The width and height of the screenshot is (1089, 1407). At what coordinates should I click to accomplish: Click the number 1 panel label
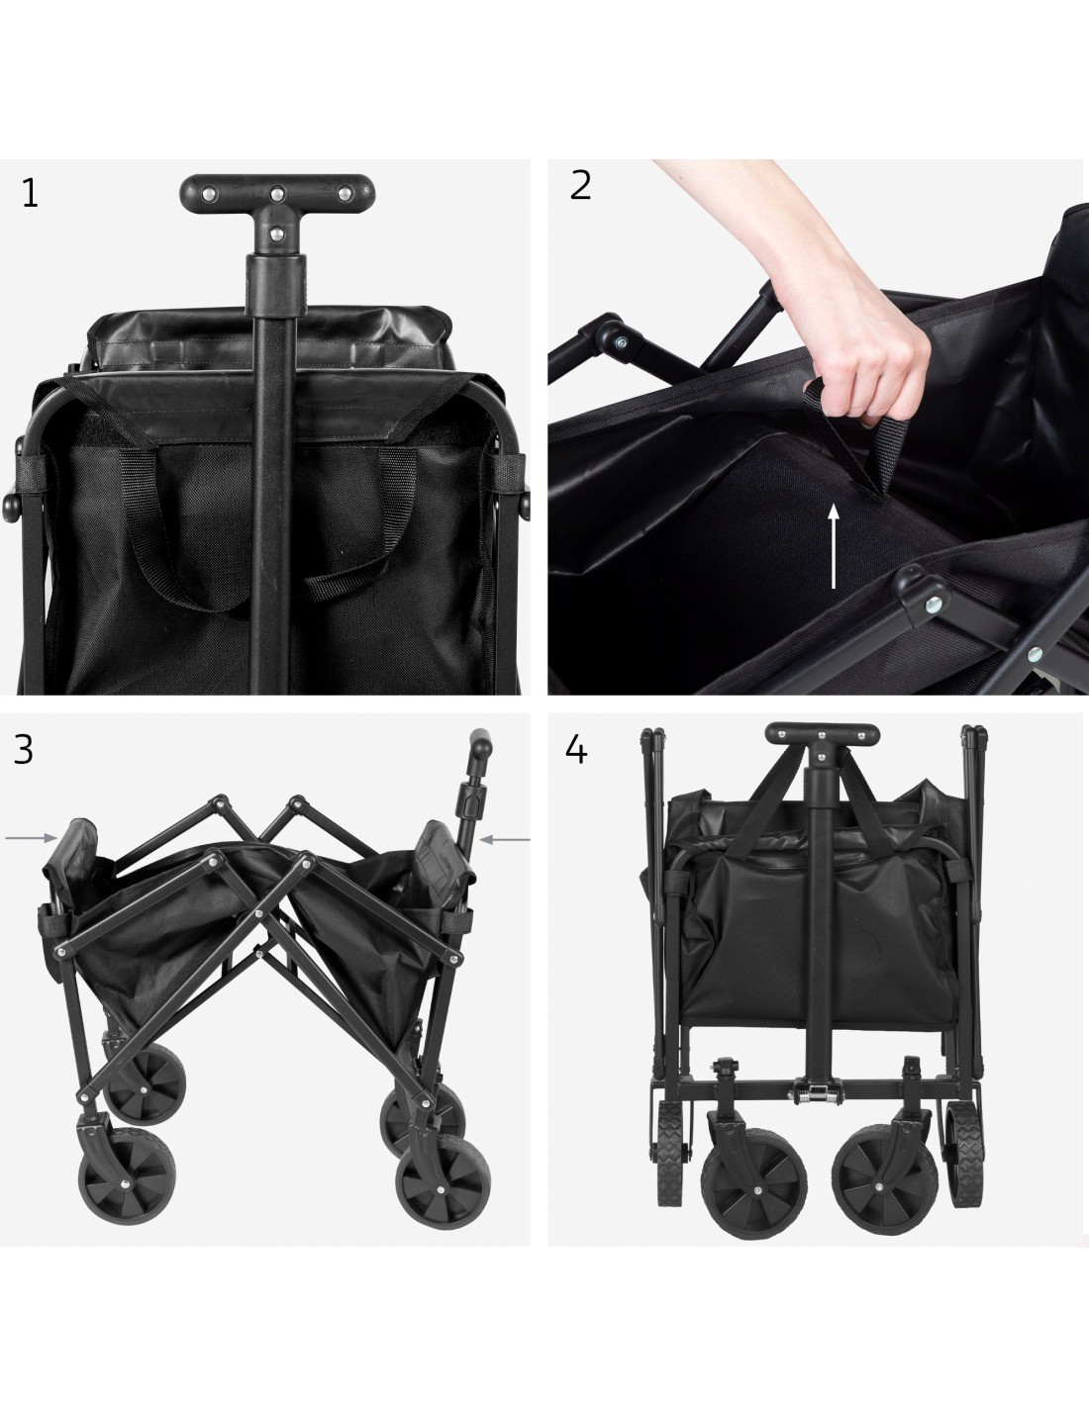pos(30,193)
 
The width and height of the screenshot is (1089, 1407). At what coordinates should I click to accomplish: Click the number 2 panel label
pos(580,185)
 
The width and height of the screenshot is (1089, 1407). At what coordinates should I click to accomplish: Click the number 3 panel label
pos(24,750)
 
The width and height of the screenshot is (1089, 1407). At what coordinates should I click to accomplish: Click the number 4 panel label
pos(576,751)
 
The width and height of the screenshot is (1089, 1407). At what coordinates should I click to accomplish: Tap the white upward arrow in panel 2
pos(834,546)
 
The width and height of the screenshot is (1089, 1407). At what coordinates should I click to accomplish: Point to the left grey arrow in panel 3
pos(32,838)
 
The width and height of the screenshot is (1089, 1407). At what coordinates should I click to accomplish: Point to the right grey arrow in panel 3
pos(505,839)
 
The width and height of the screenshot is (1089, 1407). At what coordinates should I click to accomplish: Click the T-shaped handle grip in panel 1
pos(277,193)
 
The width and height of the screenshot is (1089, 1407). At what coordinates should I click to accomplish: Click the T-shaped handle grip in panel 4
pos(822,734)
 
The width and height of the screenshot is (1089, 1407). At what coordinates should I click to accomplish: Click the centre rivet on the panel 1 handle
pos(277,192)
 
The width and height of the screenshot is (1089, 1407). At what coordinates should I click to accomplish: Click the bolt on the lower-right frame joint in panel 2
pos(934,605)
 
